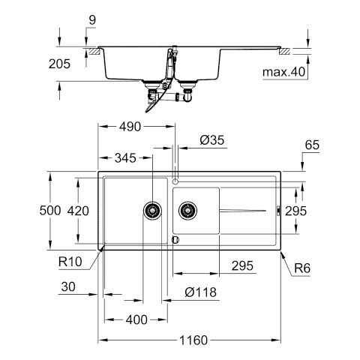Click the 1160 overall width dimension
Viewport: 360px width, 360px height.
[x=193, y=340]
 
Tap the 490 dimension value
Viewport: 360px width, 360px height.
[x=130, y=127]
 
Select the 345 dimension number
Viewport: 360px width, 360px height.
[x=125, y=158]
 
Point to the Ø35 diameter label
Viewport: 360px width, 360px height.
[x=212, y=140]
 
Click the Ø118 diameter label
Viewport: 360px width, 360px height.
[x=200, y=292]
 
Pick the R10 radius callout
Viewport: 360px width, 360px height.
[x=70, y=262]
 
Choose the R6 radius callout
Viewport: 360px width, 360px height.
[x=302, y=268]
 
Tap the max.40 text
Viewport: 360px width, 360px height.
[x=284, y=72]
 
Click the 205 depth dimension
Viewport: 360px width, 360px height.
[x=59, y=64]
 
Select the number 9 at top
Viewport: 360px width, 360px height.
[x=92, y=20]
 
